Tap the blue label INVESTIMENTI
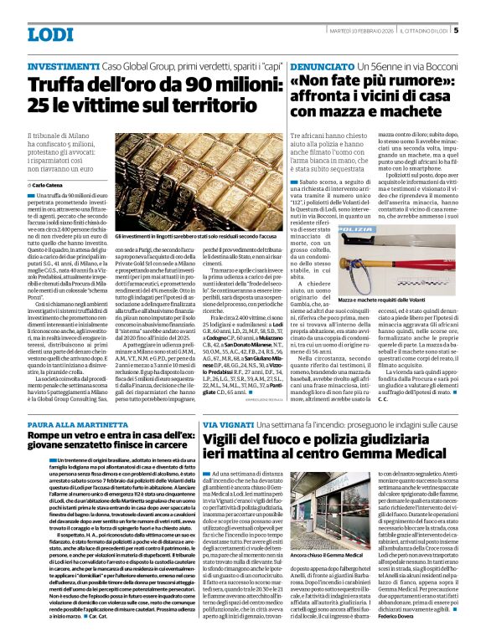63,65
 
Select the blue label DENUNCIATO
320,65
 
